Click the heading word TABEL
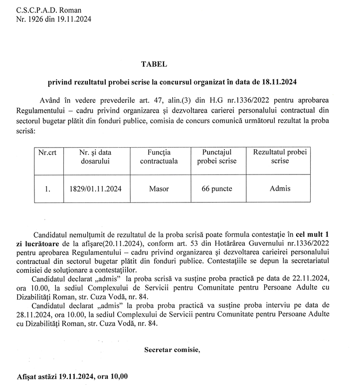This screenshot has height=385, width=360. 154,64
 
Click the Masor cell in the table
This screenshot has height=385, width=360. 159,189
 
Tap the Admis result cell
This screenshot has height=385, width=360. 280,189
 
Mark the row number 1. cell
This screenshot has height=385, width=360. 48,190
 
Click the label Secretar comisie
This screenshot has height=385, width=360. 172,349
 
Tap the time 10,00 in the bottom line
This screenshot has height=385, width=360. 117,376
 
